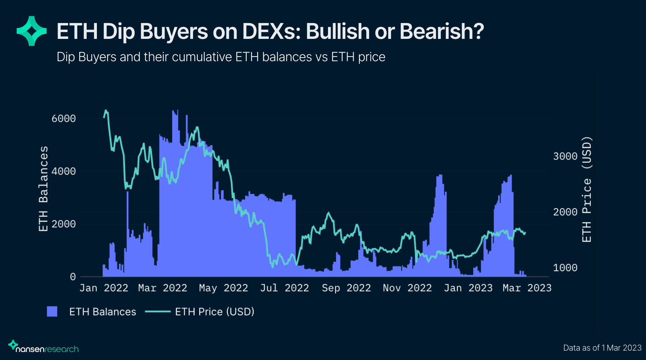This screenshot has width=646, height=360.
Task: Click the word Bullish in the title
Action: coord(337,31)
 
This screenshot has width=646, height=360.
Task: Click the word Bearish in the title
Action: coord(441,31)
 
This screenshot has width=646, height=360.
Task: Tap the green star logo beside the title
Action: coord(32,31)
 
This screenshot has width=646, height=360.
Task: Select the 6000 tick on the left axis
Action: coord(63,118)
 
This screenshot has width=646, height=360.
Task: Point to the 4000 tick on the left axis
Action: coord(63,171)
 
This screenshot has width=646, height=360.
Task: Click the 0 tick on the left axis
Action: coord(73,276)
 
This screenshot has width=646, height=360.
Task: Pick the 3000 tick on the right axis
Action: coord(565,156)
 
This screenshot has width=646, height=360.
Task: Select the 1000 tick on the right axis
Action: coord(565,267)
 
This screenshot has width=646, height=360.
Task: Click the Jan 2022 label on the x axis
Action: coord(104,288)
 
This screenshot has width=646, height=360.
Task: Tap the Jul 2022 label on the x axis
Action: coord(284,288)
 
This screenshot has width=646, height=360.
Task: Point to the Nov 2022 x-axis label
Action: coord(407,288)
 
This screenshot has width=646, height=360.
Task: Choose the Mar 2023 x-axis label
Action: coord(527,288)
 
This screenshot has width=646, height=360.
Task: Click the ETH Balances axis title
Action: coord(43,189)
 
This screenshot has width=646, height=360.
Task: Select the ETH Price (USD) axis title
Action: coord(587,189)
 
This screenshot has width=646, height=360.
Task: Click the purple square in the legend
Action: coord(52,311)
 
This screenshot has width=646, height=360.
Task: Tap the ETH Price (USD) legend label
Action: coord(215,311)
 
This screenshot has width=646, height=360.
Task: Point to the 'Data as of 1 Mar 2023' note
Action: coord(602,348)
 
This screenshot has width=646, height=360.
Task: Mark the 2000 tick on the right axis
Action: coord(565,212)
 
